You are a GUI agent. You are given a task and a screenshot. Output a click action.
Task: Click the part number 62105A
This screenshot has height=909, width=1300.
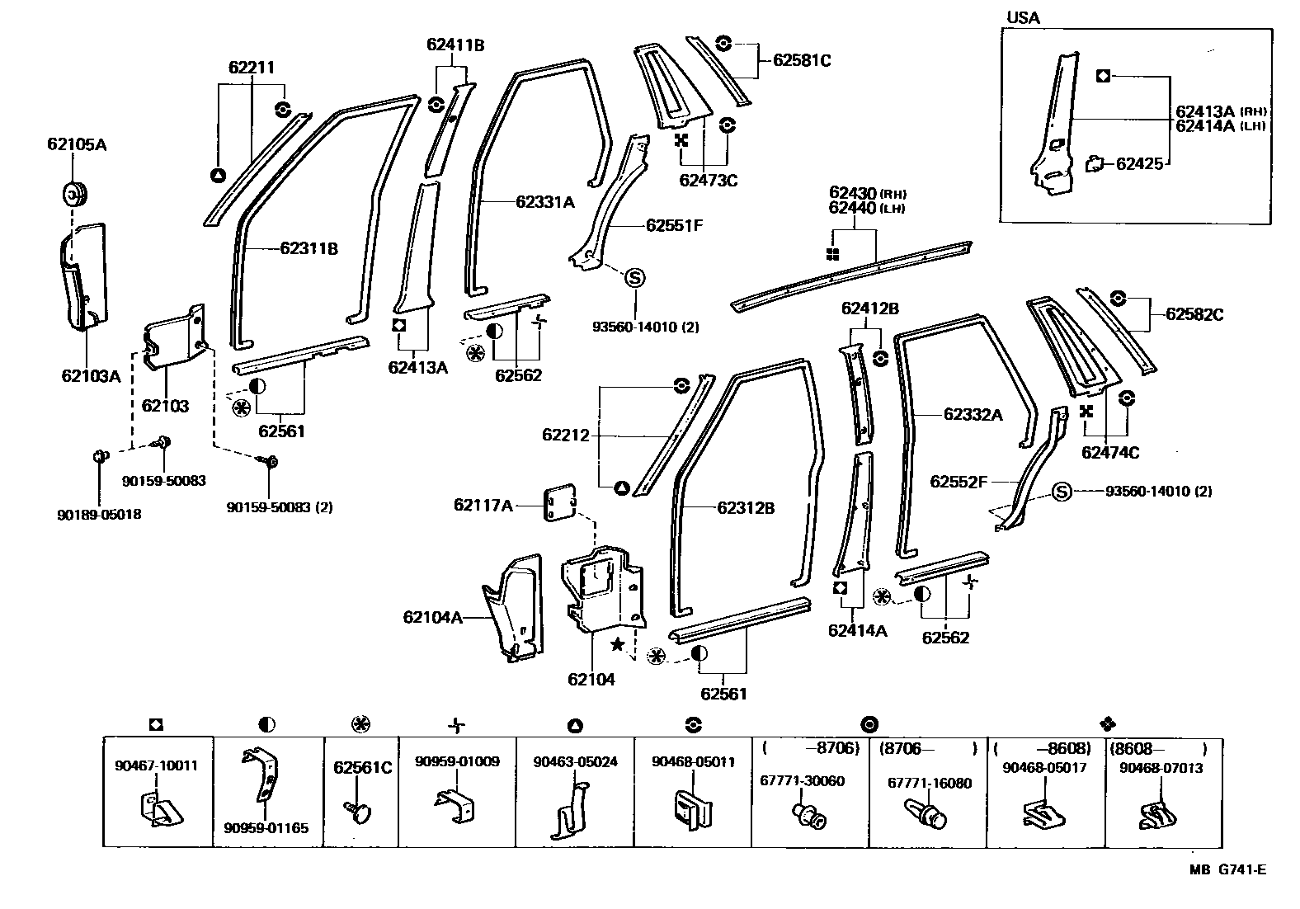pos(77,145)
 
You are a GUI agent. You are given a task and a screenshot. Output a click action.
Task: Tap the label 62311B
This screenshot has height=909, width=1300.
pos(309,248)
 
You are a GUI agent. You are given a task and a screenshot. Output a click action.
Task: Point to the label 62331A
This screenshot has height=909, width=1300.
pos(545,201)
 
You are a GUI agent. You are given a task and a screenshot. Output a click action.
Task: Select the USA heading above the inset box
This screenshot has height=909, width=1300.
pos(1023,17)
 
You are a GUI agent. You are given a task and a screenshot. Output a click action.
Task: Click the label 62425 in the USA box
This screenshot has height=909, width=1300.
pos(1139,163)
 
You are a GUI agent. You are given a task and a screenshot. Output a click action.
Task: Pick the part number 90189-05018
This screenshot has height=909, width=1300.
pos(99,515)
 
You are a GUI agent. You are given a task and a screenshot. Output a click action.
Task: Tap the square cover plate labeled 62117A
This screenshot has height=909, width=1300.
pos(559,504)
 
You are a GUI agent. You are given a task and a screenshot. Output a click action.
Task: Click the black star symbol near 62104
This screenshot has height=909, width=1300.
pos(615,642)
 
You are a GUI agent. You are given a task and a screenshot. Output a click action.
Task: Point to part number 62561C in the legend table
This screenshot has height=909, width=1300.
pos(362,767)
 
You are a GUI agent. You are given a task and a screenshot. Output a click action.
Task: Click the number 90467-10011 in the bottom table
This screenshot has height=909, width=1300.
pos(157,765)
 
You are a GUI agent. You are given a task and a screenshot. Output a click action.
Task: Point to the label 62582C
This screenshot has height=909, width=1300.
pos(1194,314)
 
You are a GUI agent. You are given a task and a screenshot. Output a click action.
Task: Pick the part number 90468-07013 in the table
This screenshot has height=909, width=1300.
pos(1161,768)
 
